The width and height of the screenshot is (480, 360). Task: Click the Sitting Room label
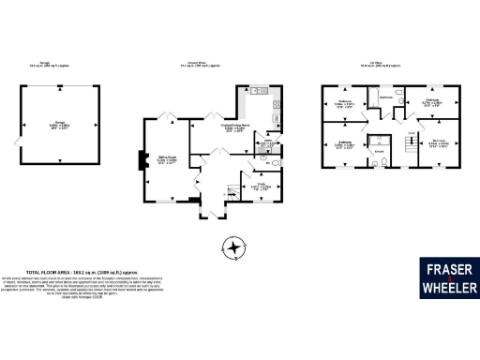coord(166,160)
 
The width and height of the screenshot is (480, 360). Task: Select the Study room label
coord(262,186)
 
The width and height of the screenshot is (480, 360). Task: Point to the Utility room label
coord(269,142)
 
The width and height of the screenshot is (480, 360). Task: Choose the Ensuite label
coord(380,151)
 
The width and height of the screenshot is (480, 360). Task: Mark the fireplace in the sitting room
coord(141,161)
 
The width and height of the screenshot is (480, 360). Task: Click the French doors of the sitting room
coord(169,116)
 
